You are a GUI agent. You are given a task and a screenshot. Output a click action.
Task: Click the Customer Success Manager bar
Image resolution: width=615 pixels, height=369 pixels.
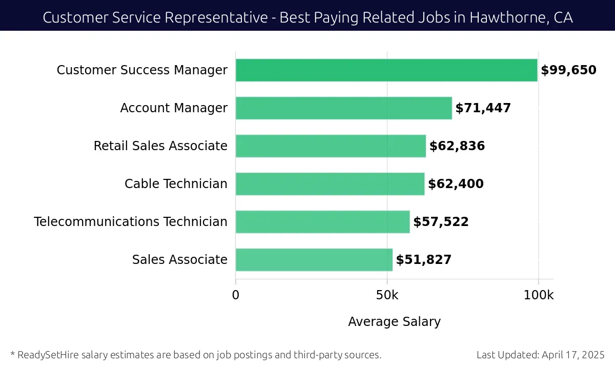click(386, 70)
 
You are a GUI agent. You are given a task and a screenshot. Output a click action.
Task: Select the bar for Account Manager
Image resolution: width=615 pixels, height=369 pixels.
click(343, 108)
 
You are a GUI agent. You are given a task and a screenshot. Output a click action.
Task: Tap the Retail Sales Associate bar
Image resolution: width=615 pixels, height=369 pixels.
click(331, 146)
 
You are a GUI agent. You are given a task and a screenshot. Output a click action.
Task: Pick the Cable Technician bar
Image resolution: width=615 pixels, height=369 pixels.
click(330, 184)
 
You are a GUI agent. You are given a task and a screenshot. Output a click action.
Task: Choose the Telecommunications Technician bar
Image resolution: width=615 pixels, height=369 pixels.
click(322, 222)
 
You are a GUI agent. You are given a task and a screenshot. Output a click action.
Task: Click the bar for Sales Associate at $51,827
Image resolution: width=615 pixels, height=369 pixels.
click(314, 260)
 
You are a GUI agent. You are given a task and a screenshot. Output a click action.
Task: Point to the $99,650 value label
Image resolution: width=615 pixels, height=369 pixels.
click(568, 70)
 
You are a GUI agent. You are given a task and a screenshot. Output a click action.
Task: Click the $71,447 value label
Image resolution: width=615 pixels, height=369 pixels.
click(483, 108)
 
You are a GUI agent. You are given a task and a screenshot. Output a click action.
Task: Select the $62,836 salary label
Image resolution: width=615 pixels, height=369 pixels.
click(457, 146)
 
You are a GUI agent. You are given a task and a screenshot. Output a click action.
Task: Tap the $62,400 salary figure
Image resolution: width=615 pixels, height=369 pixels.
click(456, 184)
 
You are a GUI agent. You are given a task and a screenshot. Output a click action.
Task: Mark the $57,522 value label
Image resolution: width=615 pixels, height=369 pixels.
click(441, 222)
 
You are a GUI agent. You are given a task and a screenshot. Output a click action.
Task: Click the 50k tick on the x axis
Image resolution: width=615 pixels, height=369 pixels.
click(387, 295)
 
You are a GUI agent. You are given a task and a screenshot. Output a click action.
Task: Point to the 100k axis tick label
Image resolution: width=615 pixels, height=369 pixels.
click(538, 295)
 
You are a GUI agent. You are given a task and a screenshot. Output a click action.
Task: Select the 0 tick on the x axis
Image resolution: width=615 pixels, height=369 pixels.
click(236, 295)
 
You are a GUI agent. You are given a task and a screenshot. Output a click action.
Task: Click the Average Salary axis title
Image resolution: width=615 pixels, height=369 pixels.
click(394, 322)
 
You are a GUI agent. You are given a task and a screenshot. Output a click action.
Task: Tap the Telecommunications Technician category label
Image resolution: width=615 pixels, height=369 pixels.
click(131, 222)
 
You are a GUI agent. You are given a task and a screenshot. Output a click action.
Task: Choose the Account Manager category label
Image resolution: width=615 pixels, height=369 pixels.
click(174, 108)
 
